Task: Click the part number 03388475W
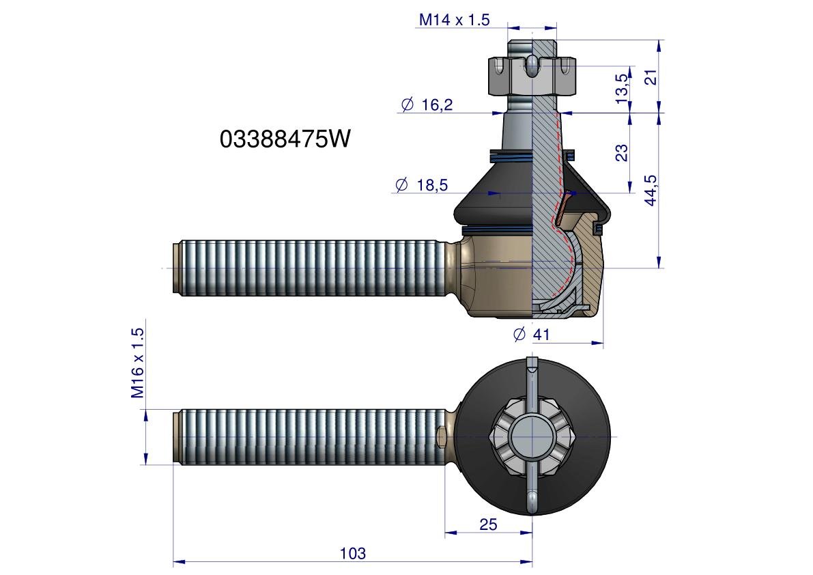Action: pos(285,139)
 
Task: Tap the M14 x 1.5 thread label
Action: pos(454,20)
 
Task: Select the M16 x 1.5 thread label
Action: pos(137,363)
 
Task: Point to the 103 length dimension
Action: pos(353,553)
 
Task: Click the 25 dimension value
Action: pos(488,524)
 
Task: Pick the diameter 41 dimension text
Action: pos(532,335)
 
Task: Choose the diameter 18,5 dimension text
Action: pos(422,184)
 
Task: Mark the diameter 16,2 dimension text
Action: pos(427,104)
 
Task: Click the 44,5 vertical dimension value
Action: pos(651,191)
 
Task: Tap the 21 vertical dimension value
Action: pos(653,76)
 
